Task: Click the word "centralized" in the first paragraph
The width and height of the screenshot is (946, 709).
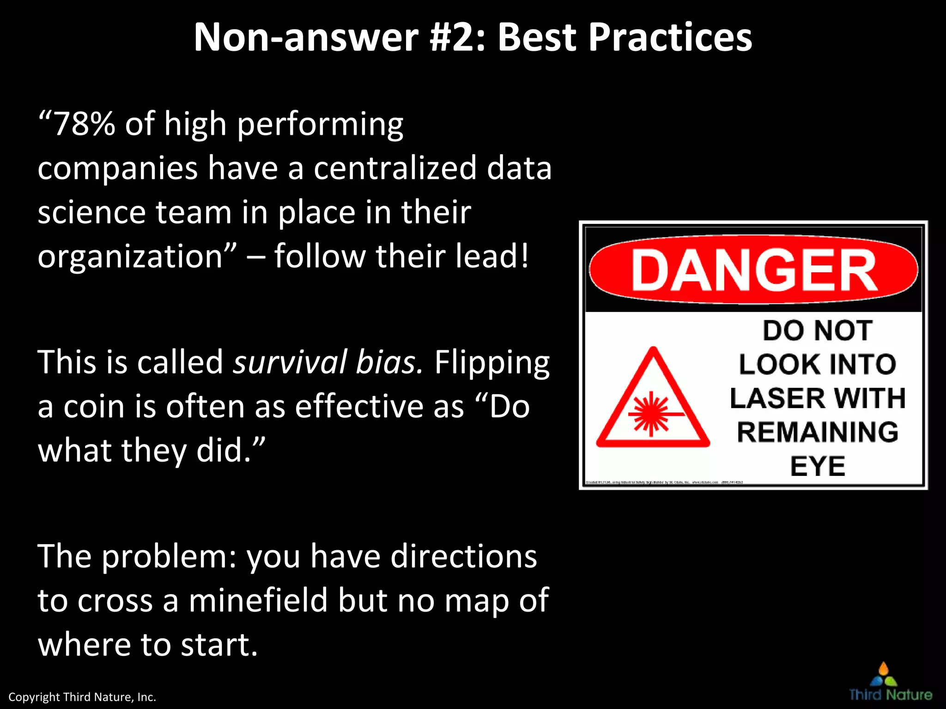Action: pyautogui.click(x=395, y=168)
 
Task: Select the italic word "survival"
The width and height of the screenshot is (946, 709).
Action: pyautogui.click(x=290, y=362)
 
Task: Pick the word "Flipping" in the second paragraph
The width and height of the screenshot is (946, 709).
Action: pyautogui.click(x=492, y=363)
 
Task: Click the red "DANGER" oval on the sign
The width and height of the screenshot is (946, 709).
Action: pyautogui.click(x=753, y=270)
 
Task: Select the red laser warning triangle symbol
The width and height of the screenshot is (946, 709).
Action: pyautogui.click(x=652, y=402)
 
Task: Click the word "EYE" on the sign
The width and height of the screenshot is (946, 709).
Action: pyautogui.click(x=818, y=466)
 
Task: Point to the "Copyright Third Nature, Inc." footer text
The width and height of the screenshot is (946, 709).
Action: pyautogui.click(x=82, y=697)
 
